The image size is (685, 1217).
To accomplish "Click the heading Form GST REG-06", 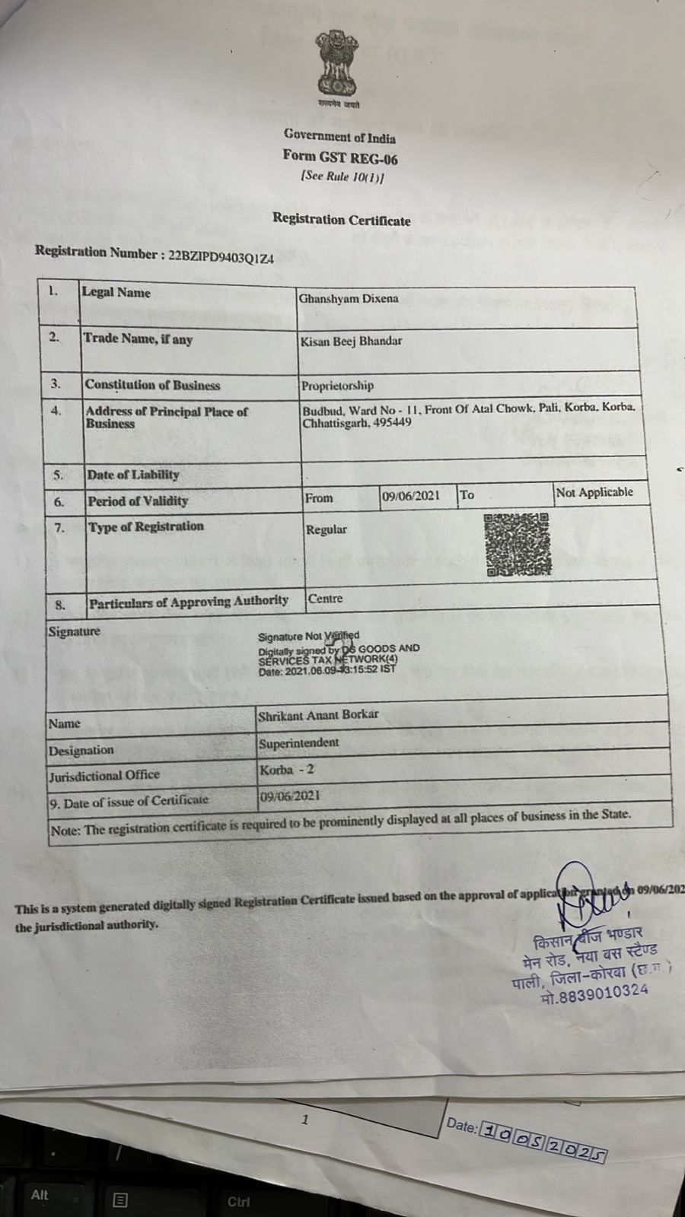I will click(340, 157).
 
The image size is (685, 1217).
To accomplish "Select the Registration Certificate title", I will click(342, 220).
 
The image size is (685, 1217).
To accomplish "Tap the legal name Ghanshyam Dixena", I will click(349, 299).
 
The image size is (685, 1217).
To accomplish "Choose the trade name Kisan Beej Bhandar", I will click(351, 341).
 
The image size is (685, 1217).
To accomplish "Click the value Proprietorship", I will click(337, 386).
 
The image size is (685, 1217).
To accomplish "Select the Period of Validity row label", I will click(138, 500).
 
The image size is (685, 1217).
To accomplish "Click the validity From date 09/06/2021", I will click(411, 496).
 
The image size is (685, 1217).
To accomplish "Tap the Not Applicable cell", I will click(594, 492).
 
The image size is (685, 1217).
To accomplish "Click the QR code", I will click(517, 545).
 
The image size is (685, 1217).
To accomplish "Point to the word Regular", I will click(326, 529).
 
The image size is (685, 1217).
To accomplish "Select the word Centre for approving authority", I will click(325, 599).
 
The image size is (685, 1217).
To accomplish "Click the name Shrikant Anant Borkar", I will click(318, 715).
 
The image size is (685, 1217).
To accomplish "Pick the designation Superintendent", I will click(298, 742).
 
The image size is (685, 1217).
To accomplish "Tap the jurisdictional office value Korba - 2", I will click(287, 770).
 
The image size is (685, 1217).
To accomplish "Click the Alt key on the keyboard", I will click(40, 1195).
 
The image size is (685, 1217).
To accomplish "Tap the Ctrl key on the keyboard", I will click(238, 1202).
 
